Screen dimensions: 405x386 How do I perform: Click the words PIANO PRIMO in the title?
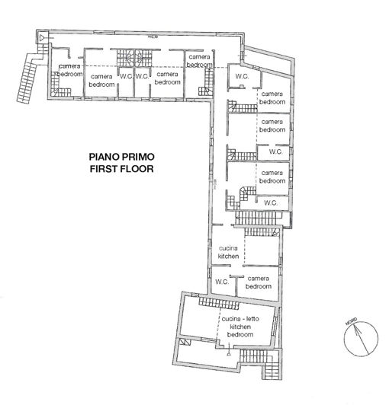click(121, 155)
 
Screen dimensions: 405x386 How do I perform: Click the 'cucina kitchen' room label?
click(229, 253)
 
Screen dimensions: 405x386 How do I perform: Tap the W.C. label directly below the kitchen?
click(222, 282)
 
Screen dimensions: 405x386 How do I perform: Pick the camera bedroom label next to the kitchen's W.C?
click(259, 282)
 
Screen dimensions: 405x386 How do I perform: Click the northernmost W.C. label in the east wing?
click(243, 77)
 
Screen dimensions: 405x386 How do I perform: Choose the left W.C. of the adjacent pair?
click(126, 77)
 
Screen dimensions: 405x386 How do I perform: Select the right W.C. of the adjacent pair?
click(141, 77)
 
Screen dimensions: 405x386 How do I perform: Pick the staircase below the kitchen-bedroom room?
click(249, 360)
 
